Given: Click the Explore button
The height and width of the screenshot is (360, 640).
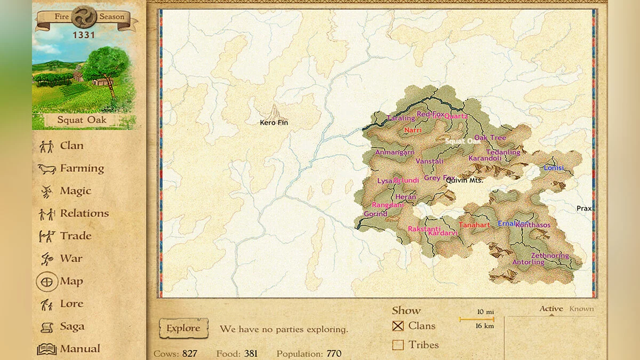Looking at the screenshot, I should [x=183, y=329].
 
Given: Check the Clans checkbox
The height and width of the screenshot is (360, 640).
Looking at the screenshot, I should [x=398, y=326].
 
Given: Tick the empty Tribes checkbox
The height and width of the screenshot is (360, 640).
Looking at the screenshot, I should [x=398, y=345].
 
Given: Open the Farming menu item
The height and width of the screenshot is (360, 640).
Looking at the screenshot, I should [x=82, y=169].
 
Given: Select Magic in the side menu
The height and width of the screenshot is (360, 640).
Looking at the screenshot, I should [x=75, y=191].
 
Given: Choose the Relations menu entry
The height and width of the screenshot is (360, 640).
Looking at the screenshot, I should [x=84, y=213].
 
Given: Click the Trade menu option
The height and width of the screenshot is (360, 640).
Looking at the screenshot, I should [x=75, y=236].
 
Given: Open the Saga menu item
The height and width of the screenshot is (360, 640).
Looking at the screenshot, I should [x=71, y=326].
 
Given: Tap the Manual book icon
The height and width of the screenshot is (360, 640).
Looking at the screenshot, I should [x=46, y=349].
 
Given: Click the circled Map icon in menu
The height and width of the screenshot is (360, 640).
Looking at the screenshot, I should [x=47, y=281].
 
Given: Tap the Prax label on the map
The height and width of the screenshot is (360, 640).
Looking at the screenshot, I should [x=584, y=209].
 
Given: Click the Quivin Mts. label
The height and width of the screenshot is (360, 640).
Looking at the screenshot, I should [x=463, y=180].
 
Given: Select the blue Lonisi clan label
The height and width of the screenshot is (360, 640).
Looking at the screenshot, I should [x=554, y=168].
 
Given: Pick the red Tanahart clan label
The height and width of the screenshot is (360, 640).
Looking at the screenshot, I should [x=474, y=225].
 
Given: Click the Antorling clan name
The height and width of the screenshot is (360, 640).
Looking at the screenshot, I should [x=528, y=262].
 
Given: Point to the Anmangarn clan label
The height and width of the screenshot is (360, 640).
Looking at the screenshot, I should [x=395, y=153].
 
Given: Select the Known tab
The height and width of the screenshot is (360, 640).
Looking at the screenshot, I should [x=581, y=308].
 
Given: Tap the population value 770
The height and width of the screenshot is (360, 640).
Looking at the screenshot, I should [x=334, y=354].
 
